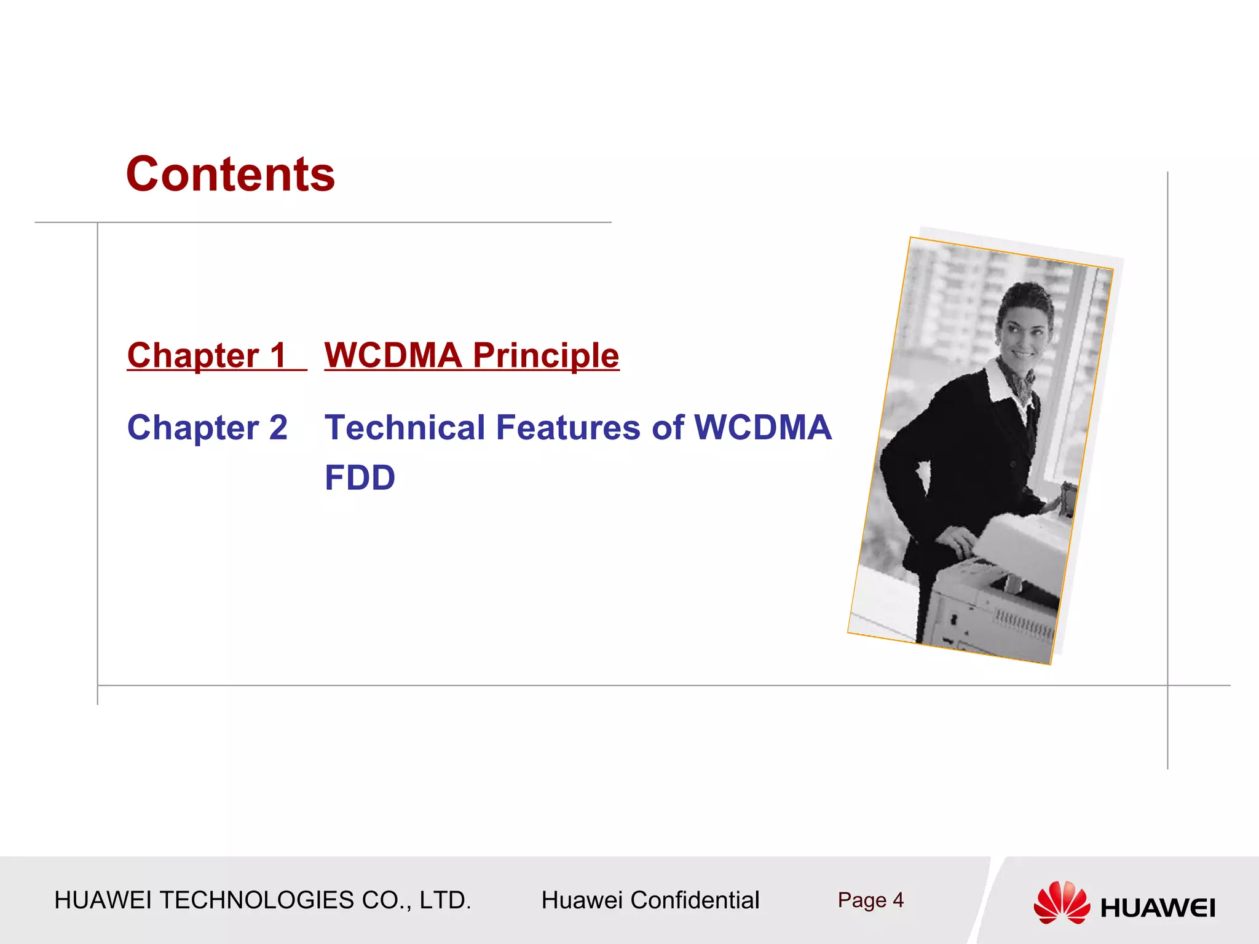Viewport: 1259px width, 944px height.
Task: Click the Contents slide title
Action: point(231,174)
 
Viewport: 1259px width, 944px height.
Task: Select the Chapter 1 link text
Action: point(207,356)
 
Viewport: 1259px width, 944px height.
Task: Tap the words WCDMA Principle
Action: point(472,356)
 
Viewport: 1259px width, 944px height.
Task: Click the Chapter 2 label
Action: point(207,428)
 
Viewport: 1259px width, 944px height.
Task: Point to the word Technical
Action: point(405,428)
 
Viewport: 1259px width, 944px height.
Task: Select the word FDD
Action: point(360,478)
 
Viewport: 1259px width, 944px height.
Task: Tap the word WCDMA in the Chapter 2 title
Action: point(762,428)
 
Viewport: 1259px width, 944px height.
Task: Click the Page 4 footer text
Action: point(870,900)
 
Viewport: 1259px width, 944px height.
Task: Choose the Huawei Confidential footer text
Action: point(650,900)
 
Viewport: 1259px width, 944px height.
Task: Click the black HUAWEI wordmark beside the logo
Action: point(1158,908)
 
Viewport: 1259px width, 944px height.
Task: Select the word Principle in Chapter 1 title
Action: point(546,356)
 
